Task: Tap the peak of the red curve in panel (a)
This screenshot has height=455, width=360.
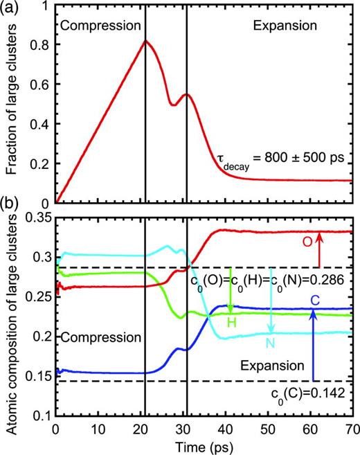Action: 145,41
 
